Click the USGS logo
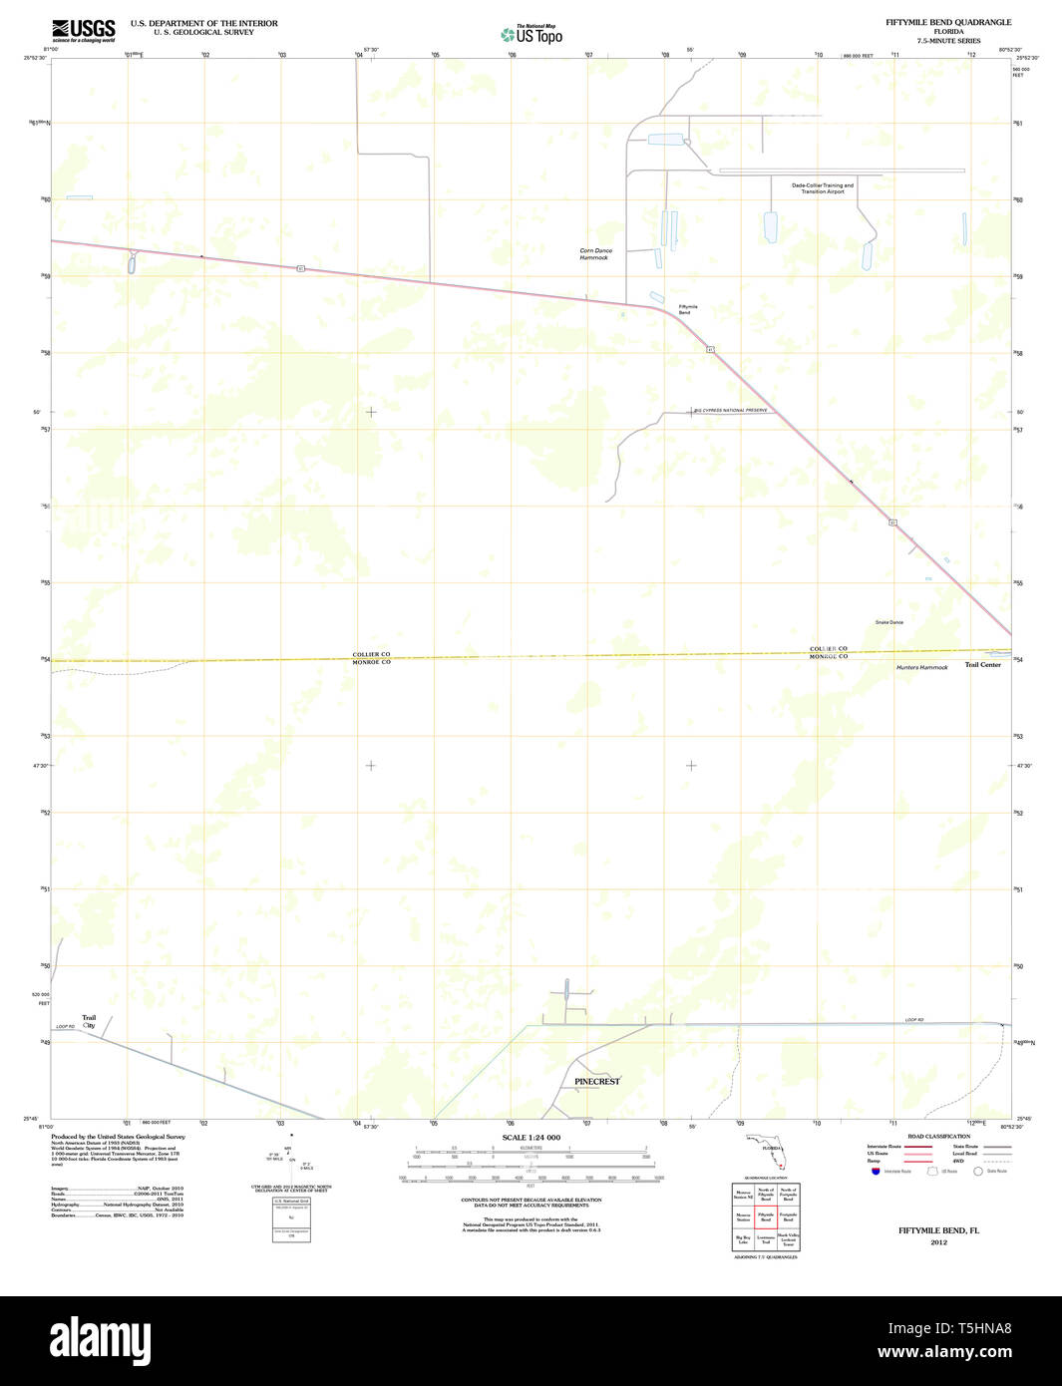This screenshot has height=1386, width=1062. (83, 30)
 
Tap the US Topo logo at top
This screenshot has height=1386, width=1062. (531, 35)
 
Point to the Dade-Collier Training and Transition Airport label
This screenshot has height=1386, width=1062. (823, 187)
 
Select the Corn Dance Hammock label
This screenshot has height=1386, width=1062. (596, 254)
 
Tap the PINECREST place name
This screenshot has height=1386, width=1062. (596, 1081)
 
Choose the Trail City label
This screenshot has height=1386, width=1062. (89, 1021)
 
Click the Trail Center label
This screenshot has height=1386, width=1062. (982, 665)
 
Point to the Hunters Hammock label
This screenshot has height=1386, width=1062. (921, 667)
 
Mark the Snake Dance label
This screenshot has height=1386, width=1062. (888, 622)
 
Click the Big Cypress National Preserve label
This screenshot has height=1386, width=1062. (732, 410)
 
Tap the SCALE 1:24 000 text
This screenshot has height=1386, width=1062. (531, 1138)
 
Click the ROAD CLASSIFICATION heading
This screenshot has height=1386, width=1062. (938, 1136)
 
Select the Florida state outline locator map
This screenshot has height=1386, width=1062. (767, 1153)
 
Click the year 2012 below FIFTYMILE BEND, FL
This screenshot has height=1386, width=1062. (938, 1242)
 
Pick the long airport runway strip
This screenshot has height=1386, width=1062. (842, 171)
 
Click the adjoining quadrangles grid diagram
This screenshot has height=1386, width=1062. (766, 1216)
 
